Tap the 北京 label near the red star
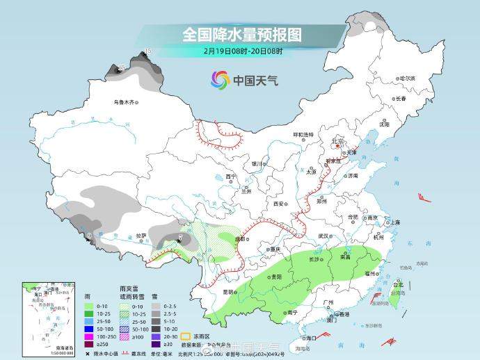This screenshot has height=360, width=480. tap(337, 141)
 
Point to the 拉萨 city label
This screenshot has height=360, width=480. tap(141, 236)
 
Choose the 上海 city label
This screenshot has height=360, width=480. tap(394, 222)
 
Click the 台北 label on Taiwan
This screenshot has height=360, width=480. tap(398, 285)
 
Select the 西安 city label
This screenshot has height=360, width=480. tap(279, 204)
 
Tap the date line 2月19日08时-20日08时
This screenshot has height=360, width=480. tap(243, 51)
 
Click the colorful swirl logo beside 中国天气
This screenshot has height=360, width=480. tap(220, 80)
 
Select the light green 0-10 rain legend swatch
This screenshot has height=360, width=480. tap(89, 306)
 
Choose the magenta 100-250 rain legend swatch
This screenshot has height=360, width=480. tap(89, 334)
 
